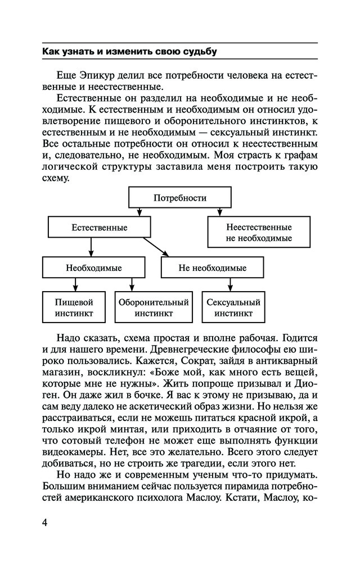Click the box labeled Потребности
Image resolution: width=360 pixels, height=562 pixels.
[x=179, y=198]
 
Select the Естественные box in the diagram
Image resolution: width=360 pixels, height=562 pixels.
[x=99, y=228]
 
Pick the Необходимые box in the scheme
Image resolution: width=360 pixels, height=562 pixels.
[x=93, y=268]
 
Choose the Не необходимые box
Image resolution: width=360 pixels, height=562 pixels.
[x=212, y=268]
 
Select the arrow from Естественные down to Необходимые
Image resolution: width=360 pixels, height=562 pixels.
[x=91, y=247]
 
